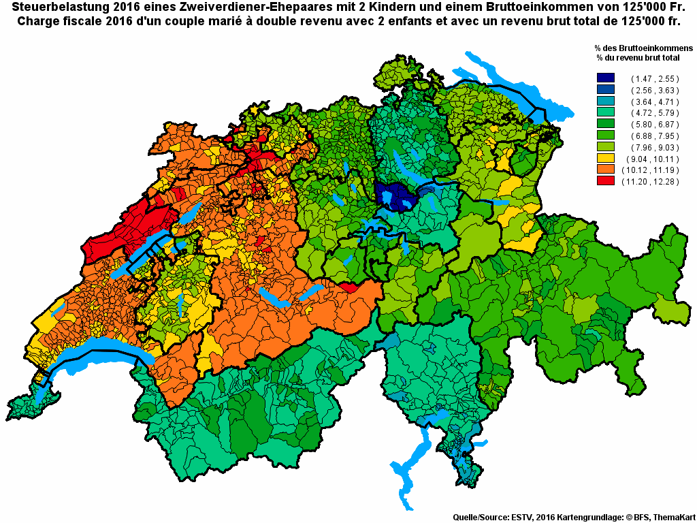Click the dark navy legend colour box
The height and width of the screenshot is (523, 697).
[606, 78]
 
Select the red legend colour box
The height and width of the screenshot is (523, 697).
[606, 181]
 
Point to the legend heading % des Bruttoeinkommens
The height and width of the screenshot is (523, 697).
[643, 48]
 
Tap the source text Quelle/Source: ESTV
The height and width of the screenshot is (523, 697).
[493, 517]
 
